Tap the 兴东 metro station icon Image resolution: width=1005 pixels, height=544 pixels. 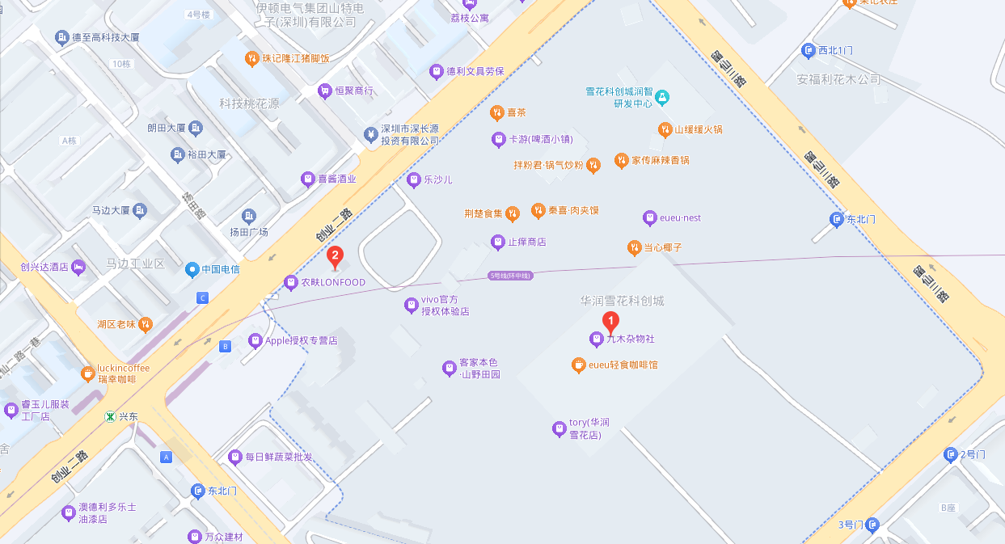coord(110,416)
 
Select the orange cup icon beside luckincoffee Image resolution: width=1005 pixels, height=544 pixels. coord(87,373)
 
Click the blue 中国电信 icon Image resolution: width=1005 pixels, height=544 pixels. coord(192,269)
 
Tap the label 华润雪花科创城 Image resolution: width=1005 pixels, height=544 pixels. coord(622,301)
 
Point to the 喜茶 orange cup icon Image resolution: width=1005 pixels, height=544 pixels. coord(496,112)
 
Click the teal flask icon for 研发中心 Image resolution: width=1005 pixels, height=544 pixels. coord(663,98)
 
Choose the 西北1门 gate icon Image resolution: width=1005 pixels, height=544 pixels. coord(808,51)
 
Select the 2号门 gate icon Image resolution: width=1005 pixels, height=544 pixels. coord(951,455)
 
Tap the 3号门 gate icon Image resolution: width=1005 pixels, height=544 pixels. coord(872,525)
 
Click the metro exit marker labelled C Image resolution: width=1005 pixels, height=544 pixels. coord(202,298)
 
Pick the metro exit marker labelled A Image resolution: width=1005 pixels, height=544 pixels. coord(167,458)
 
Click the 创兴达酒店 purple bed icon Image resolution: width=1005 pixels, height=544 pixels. coord(78,266)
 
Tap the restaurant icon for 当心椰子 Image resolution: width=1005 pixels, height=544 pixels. coord(634,247)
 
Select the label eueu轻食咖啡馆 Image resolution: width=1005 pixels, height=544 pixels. coord(623,365)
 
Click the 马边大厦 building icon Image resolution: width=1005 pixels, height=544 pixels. coord(140,211)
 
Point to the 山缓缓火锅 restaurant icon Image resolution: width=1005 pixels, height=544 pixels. coord(664,129)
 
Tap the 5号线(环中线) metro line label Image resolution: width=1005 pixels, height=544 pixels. coord(511,276)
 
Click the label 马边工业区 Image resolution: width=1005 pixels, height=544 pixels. coord(136,264)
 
